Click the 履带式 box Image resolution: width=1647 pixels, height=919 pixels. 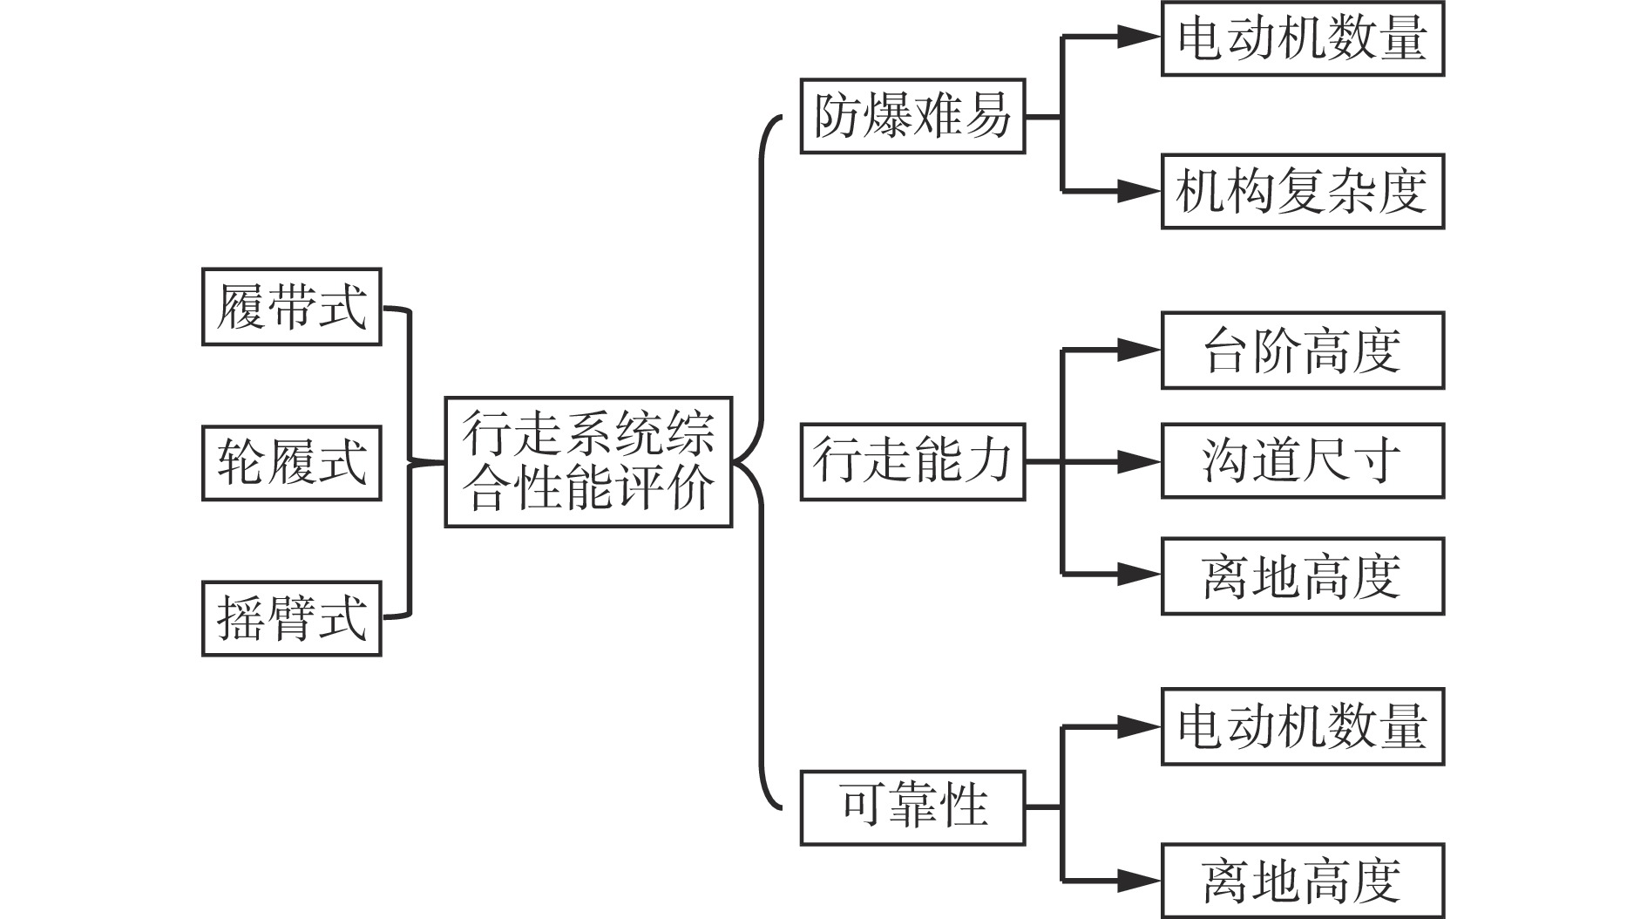coord(291,307)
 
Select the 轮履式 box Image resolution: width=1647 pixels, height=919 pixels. coord(291,463)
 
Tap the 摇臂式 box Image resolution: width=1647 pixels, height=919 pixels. coord(291,618)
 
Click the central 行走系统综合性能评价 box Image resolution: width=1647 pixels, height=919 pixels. coord(588,462)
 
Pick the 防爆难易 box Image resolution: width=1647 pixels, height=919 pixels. coord(912,116)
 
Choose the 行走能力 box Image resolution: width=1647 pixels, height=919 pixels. coord(912,462)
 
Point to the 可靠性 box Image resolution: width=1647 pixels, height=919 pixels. coord(912,807)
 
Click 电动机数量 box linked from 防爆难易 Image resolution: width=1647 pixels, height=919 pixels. coord(1303,38)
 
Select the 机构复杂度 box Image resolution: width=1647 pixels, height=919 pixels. coord(1303,192)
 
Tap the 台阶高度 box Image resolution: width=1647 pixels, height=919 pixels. coord(1303,351)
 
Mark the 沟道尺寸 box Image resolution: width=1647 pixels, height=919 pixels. coord(1303,461)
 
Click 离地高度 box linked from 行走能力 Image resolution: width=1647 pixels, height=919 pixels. coord(1303,576)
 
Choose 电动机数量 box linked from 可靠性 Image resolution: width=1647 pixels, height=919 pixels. coord(1303,727)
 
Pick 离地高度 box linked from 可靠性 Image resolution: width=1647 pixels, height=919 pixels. coord(1303,881)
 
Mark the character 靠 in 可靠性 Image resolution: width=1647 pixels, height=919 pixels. coord(912,807)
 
